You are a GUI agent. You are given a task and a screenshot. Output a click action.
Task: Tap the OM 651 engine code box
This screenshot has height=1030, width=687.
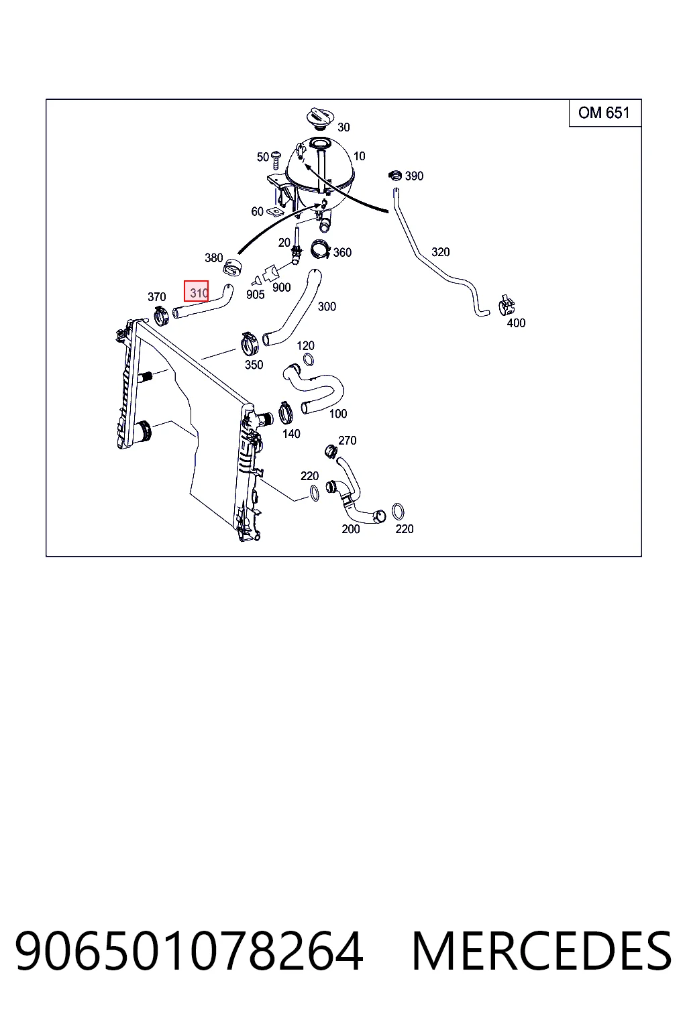pos(604,113)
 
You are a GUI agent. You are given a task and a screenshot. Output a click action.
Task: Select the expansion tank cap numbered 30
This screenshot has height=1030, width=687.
pos(319,119)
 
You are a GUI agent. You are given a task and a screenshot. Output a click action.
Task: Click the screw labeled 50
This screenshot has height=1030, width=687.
pos(276,160)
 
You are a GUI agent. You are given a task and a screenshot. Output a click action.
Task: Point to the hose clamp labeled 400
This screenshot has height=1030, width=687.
pos(507,306)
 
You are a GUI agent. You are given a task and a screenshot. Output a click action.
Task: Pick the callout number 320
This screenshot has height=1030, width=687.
pos(440,252)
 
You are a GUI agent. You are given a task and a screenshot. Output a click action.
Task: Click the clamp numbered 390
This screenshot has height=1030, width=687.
pos(395,175)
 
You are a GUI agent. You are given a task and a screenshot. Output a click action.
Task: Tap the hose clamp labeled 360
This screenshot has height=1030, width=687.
pos(321,249)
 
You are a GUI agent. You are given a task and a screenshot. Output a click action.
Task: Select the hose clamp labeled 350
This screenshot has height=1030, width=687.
pos(250,343)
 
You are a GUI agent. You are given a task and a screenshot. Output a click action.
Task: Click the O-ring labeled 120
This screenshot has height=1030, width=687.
pos(309,359)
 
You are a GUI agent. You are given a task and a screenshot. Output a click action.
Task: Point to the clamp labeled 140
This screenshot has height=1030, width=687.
pos(286,413)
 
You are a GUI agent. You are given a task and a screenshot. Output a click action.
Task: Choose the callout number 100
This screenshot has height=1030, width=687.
pos(338,414)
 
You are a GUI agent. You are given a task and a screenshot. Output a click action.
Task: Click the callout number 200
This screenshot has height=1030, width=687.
pos(351,529)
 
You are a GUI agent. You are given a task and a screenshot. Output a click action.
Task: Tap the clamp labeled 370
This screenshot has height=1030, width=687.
pos(160,315)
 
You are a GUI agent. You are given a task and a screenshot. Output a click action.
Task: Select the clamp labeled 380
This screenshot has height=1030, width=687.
pos(233,268)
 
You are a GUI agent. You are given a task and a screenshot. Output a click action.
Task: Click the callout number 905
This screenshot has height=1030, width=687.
pos(256,295)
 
